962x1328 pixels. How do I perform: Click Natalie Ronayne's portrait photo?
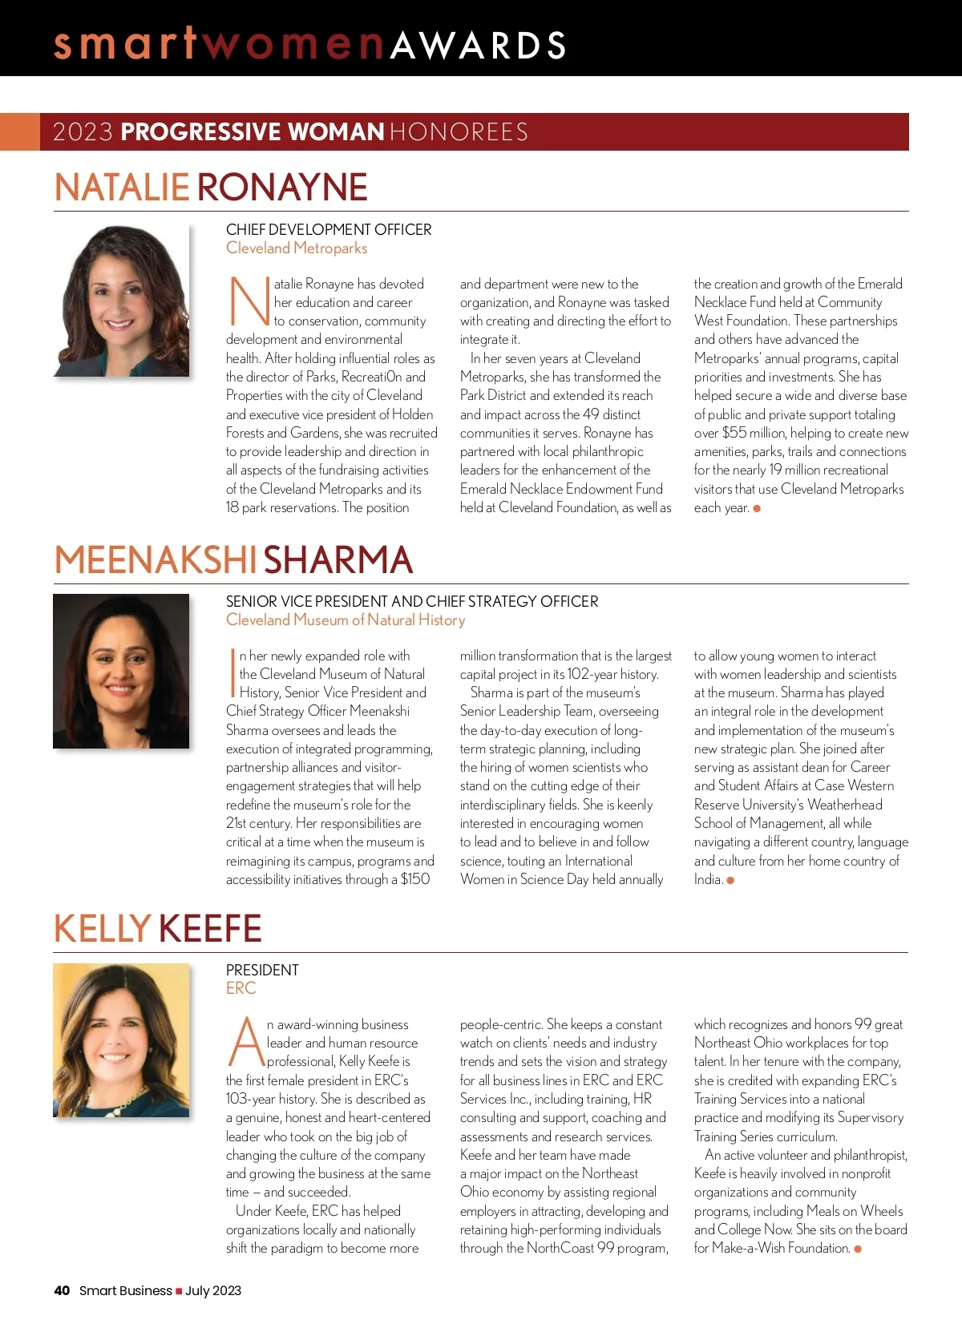point(122,301)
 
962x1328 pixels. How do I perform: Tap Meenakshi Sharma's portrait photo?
point(121,671)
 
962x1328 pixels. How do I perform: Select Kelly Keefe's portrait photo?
point(121,1039)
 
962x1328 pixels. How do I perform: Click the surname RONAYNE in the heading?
point(282,188)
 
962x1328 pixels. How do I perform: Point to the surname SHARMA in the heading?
point(338,560)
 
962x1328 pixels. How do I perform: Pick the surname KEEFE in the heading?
point(210,929)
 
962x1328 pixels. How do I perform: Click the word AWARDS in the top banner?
point(479,46)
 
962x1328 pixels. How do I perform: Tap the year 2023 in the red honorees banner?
point(83,132)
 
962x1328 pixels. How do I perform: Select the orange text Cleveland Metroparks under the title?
point(297,248)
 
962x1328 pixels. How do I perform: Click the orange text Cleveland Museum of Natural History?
point(346,620)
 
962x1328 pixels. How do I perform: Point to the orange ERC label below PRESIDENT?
point(240,988)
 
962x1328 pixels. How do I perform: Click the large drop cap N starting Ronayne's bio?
point(249,301)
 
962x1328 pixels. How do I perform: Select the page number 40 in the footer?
point(62,1290)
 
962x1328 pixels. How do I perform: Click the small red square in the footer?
point(179,1291)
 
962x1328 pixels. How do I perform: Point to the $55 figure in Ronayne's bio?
point(734,433)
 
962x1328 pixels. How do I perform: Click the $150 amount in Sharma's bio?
point(415,879)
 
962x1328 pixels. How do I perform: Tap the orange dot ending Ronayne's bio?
point(757,508)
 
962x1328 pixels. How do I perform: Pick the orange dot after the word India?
point(730,880)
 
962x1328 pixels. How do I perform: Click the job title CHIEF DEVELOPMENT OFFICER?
point(329,230)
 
